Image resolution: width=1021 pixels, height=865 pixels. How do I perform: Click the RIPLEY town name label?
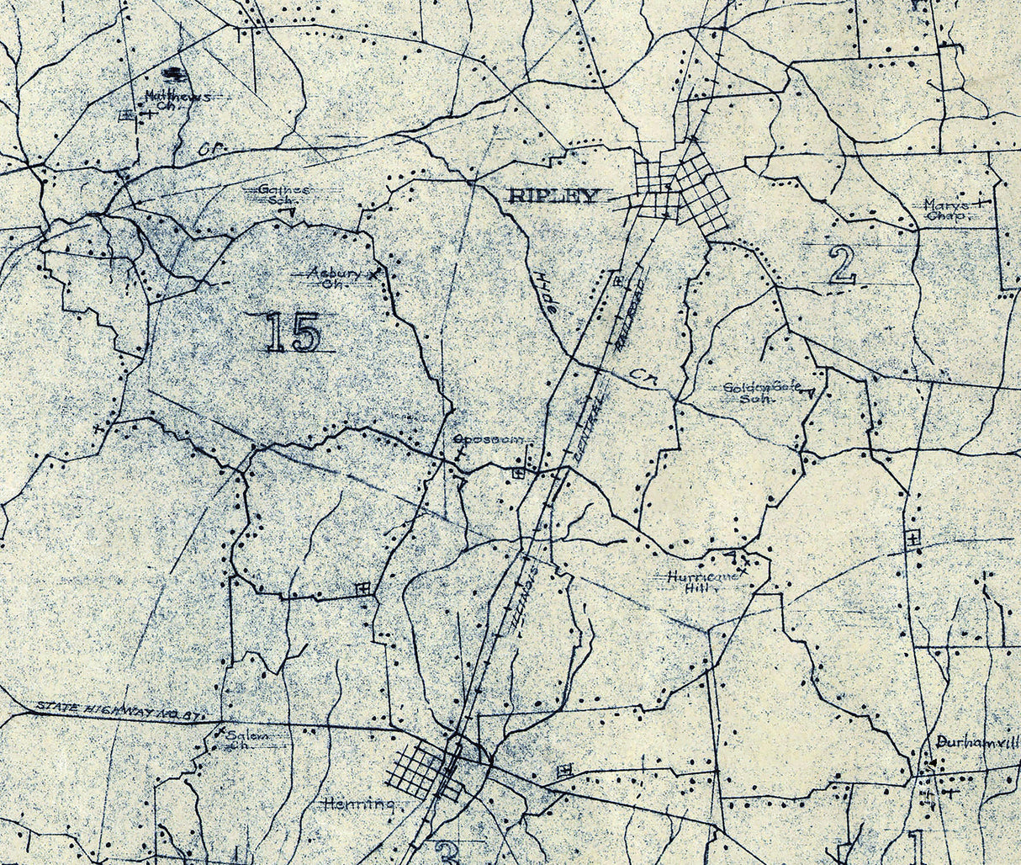[x=555, y=197]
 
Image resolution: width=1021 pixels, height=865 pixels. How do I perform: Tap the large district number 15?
[x=293, y=332]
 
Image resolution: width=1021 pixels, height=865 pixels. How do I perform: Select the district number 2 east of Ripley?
[x=841, y=266]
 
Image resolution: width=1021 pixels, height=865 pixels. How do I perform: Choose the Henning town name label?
[x=358, y=804]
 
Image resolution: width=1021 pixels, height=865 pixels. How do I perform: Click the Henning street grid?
[x=421, y=772]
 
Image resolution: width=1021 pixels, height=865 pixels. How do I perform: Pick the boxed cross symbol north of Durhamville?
[x=914, y=536]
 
